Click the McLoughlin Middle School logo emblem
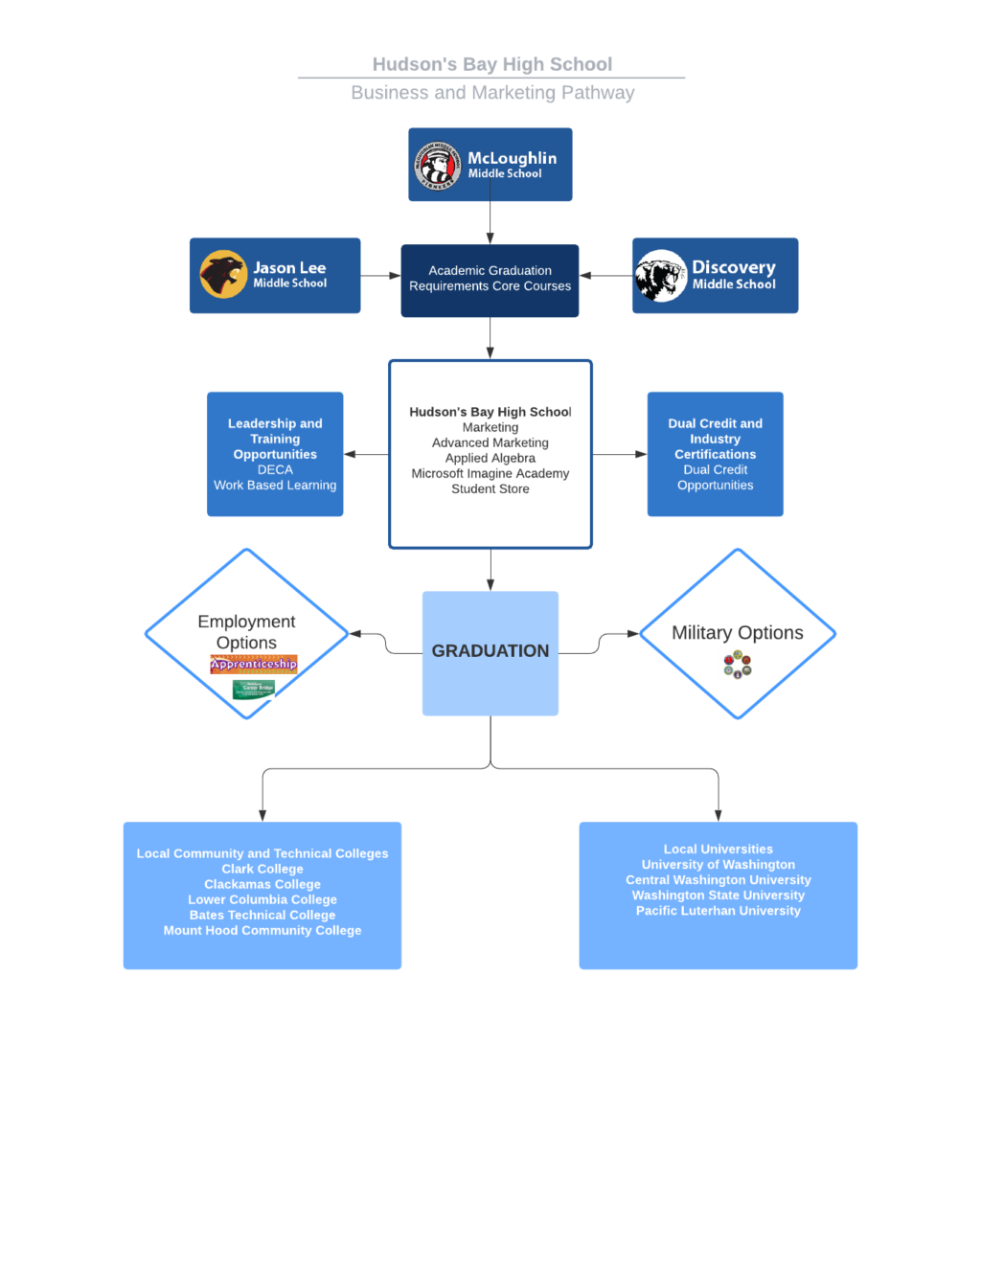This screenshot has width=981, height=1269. [x=438, y=165]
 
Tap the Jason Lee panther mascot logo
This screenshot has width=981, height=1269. [x=223, y=275]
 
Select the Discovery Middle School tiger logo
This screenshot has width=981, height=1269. [x=660, y=276]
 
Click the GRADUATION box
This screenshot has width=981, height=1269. [x=490, y=652]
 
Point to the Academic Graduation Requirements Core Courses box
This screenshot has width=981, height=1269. [x=490, y=280]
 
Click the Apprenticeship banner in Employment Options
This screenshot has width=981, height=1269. [x=254, y=664]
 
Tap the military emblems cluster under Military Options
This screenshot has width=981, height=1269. [x=738, y=665]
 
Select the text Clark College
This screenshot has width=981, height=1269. [x=262, y=869]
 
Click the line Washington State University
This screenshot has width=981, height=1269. [x=718, y=895]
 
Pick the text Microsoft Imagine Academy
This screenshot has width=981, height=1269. [x=490, y=473]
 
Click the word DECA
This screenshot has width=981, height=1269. [x=275, y=469]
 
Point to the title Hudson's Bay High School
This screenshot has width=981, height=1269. [x=491, y=64]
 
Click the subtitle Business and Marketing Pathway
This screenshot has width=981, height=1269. [x=492, y=93]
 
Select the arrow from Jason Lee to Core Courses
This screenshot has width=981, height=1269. [x=381, y=276]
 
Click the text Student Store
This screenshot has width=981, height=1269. [x=490, y=488]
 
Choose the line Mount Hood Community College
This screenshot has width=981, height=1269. [x=262, y=930]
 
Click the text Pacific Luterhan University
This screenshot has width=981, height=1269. [x=718, y=911]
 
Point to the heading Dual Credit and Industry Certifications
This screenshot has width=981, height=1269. [x=715, y=439]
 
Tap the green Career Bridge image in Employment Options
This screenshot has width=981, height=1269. [x=254, y=689]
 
